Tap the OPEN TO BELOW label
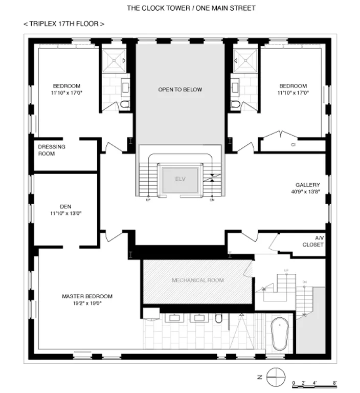pyautogui.click(x=179, y=90)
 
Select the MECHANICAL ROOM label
pyautogui.click(x=197, y=280)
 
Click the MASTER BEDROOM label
pyautogui.click(x=87, y=296)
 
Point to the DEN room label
pyautogui.click(x=65, y=206)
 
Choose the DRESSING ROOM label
pyautogui.click(x=52, y=149)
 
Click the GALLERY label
pyautogui.click(x=307, y=185)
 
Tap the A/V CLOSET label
pyautogui.click(x=313, y=242)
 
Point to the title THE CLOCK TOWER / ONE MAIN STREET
pyautogui.click(x=190, y=8)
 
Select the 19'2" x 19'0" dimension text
pyautogui.click(x=87, y=303)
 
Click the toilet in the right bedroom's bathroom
pyautogui.click(x=236, y=104)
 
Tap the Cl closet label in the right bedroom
pyautogui.click(x=294, y=145)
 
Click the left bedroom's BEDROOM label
pyautogui.click(x=66, y=86)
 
